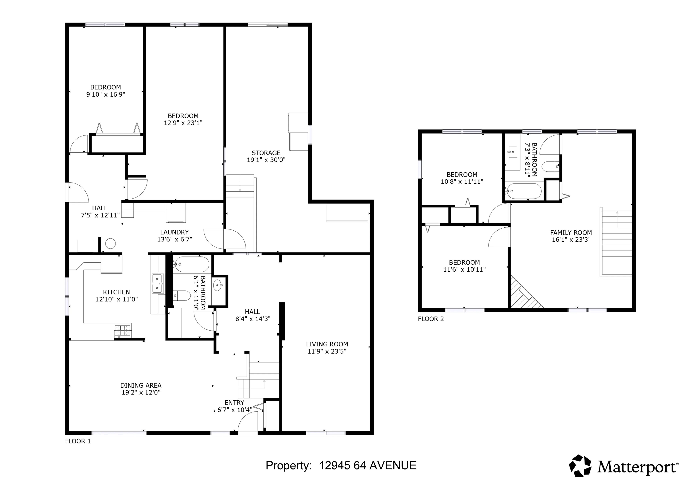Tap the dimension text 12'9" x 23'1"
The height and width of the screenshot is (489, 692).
183,123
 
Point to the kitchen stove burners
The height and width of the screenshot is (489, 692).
123,330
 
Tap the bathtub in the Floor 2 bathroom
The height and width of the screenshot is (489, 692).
524,191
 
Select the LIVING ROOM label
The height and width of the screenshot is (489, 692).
327,344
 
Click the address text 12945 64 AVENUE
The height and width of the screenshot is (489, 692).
367,466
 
